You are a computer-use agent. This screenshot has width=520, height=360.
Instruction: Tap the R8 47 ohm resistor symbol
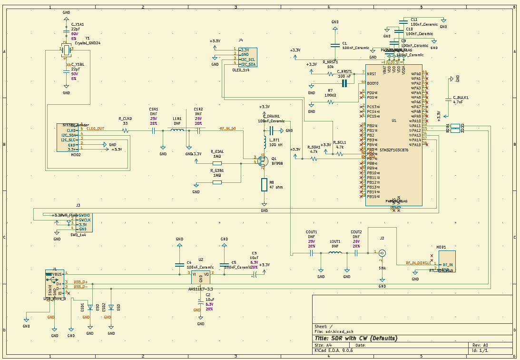(x=265, y=185)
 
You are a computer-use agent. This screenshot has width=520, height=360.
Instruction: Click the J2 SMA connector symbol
(x=382, y=253)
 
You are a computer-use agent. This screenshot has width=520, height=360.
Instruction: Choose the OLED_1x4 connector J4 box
(x=247, y=57)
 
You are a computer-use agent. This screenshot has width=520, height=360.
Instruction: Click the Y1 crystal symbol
(x=66, y=49)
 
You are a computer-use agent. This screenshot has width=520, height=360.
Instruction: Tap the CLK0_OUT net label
(x=95, y=129)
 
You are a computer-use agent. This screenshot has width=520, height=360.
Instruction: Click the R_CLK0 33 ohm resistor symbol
(x=126, y=130)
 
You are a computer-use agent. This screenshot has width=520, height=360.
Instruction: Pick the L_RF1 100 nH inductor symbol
(x=265, y=141)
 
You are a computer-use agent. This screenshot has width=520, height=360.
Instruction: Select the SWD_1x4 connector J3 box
(x=85, y=222)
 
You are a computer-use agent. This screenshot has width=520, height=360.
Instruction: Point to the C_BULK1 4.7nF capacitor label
(x=461, y=98)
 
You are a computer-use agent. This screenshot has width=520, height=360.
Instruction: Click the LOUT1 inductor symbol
(x=335, y=253)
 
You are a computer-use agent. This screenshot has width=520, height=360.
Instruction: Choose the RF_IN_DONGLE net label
(x=418, y=262)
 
